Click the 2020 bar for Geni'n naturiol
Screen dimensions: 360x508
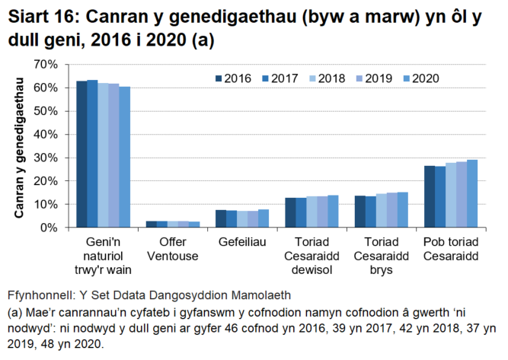124,157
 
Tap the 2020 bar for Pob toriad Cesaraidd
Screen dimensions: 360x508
472,193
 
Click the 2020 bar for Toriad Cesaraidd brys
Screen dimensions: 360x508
403,209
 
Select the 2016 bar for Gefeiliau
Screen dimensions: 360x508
221,218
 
